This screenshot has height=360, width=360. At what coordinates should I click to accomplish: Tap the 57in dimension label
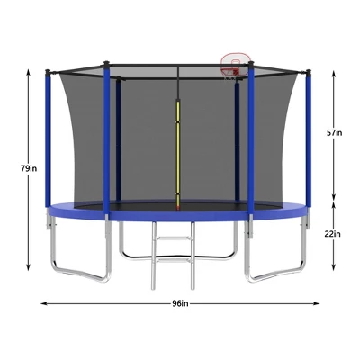334,132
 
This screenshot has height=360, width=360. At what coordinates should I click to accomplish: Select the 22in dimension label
334,234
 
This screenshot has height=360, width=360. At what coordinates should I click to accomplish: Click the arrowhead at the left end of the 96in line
43,303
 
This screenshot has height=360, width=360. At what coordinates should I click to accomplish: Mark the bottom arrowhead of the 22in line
334,269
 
